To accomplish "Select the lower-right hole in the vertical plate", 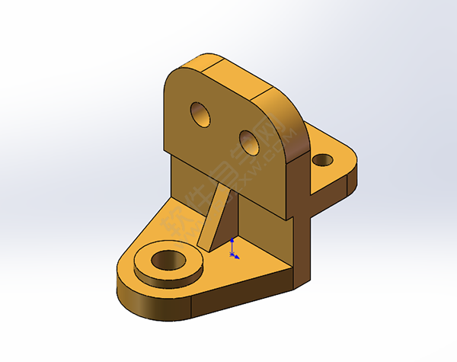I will (249, 139).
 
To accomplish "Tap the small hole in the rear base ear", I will (323, 161).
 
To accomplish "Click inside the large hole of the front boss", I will (168, 260).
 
